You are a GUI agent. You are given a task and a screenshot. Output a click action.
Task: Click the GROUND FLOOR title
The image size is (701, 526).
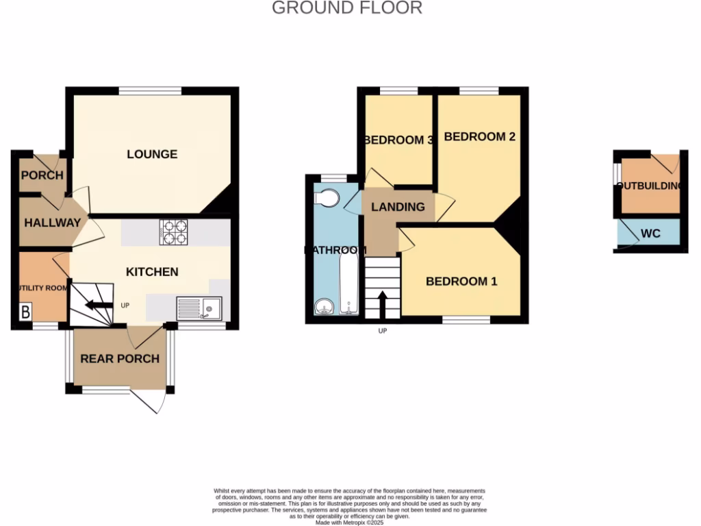pos(347,8)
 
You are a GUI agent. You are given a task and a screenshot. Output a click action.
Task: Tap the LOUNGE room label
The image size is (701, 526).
pos(152,154)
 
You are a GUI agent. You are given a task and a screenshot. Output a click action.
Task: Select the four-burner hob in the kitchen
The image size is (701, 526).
pos(175,232)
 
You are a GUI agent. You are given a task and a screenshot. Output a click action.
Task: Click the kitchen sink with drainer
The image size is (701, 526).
pos(199,308)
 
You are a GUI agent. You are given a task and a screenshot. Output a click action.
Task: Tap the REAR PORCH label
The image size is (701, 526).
pos(120,358)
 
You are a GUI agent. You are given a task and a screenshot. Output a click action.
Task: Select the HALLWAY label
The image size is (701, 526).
pos(52,223)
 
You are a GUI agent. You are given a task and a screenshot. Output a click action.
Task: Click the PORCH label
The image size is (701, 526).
pos(42,175)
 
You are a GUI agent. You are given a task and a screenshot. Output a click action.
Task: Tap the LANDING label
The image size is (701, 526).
pos(398,207)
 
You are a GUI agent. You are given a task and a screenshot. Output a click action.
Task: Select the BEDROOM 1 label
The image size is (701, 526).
pos(461,281)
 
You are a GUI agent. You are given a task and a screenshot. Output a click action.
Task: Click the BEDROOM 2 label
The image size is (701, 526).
pos(479,136)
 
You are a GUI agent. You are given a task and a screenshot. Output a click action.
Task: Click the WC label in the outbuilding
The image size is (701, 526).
pos(650,234)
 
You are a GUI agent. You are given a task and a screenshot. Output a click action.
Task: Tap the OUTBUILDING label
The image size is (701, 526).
pos(650,186)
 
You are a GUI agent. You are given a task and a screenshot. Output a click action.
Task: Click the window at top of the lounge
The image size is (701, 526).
pos(150,90)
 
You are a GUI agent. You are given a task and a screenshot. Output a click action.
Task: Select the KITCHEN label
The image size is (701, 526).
pos(152,272)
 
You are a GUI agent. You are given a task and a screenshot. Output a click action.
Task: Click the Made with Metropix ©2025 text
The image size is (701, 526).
pos(350,523)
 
